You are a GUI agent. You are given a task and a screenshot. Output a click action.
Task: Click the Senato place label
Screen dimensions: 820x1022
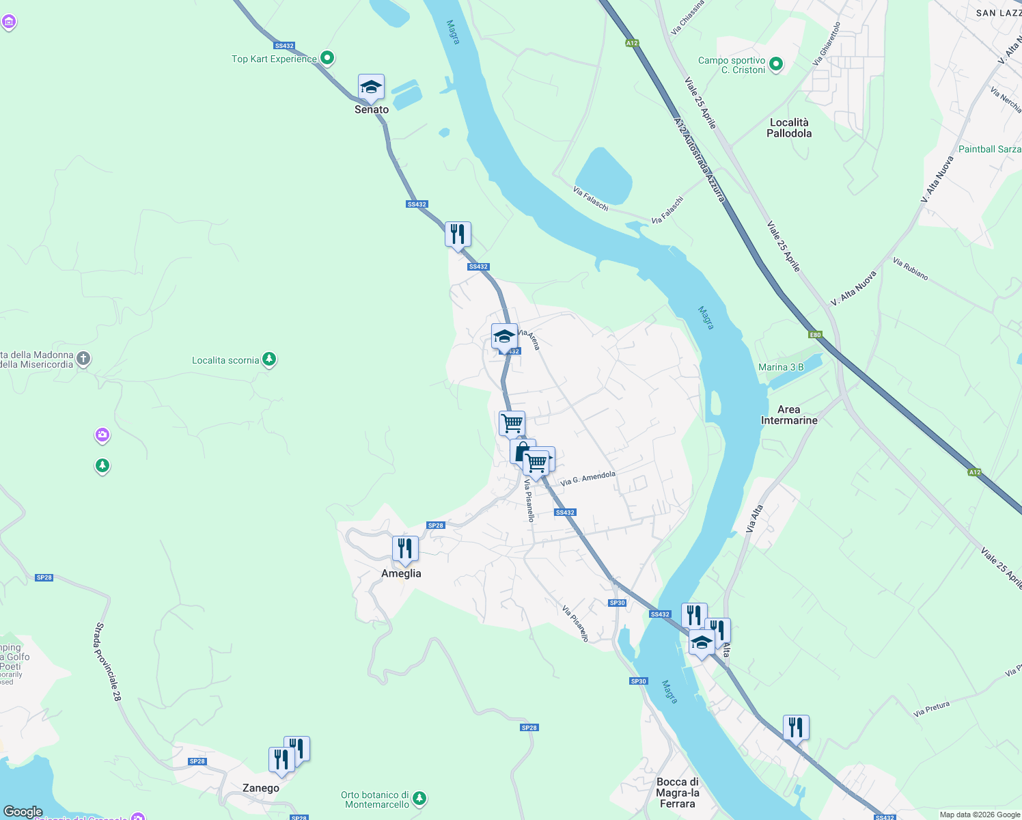[372, 109]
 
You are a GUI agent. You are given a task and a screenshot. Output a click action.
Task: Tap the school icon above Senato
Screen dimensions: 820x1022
[371, 87]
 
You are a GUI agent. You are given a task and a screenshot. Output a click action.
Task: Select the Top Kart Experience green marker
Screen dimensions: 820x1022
[327, 59]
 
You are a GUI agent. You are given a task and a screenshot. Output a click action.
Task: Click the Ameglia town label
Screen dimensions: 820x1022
[401, 573]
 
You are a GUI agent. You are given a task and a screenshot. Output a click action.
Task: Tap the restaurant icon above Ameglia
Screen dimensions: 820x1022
[405, 549]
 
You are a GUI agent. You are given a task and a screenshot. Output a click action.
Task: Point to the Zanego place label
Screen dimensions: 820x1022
[261, 788]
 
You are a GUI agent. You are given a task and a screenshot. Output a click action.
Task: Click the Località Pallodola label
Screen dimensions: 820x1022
[789, 128]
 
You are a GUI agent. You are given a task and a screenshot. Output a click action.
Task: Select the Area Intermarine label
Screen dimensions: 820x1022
[789, 415]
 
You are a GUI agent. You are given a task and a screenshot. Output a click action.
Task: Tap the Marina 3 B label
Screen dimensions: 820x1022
[781, 368]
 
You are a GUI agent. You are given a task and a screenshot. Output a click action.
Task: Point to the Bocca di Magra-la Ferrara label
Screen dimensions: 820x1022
[678, 793]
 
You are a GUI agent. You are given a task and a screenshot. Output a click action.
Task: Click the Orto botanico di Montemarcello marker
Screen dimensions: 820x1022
[419, 798]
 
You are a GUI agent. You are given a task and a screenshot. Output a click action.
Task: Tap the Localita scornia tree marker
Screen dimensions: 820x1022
[269, 359]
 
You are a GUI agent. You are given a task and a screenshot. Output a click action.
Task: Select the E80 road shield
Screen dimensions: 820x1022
[815, 335]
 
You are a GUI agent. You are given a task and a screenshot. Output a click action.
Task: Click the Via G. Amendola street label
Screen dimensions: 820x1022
[588, 478]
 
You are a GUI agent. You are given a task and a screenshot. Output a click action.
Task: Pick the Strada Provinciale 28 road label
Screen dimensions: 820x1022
[108, 661]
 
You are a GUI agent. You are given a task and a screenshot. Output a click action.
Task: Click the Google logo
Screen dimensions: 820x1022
[23, 812]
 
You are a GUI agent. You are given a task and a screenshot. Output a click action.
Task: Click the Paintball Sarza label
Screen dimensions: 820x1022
[989, 149]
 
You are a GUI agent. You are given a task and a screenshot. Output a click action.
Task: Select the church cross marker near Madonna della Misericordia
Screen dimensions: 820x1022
[83, 358]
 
